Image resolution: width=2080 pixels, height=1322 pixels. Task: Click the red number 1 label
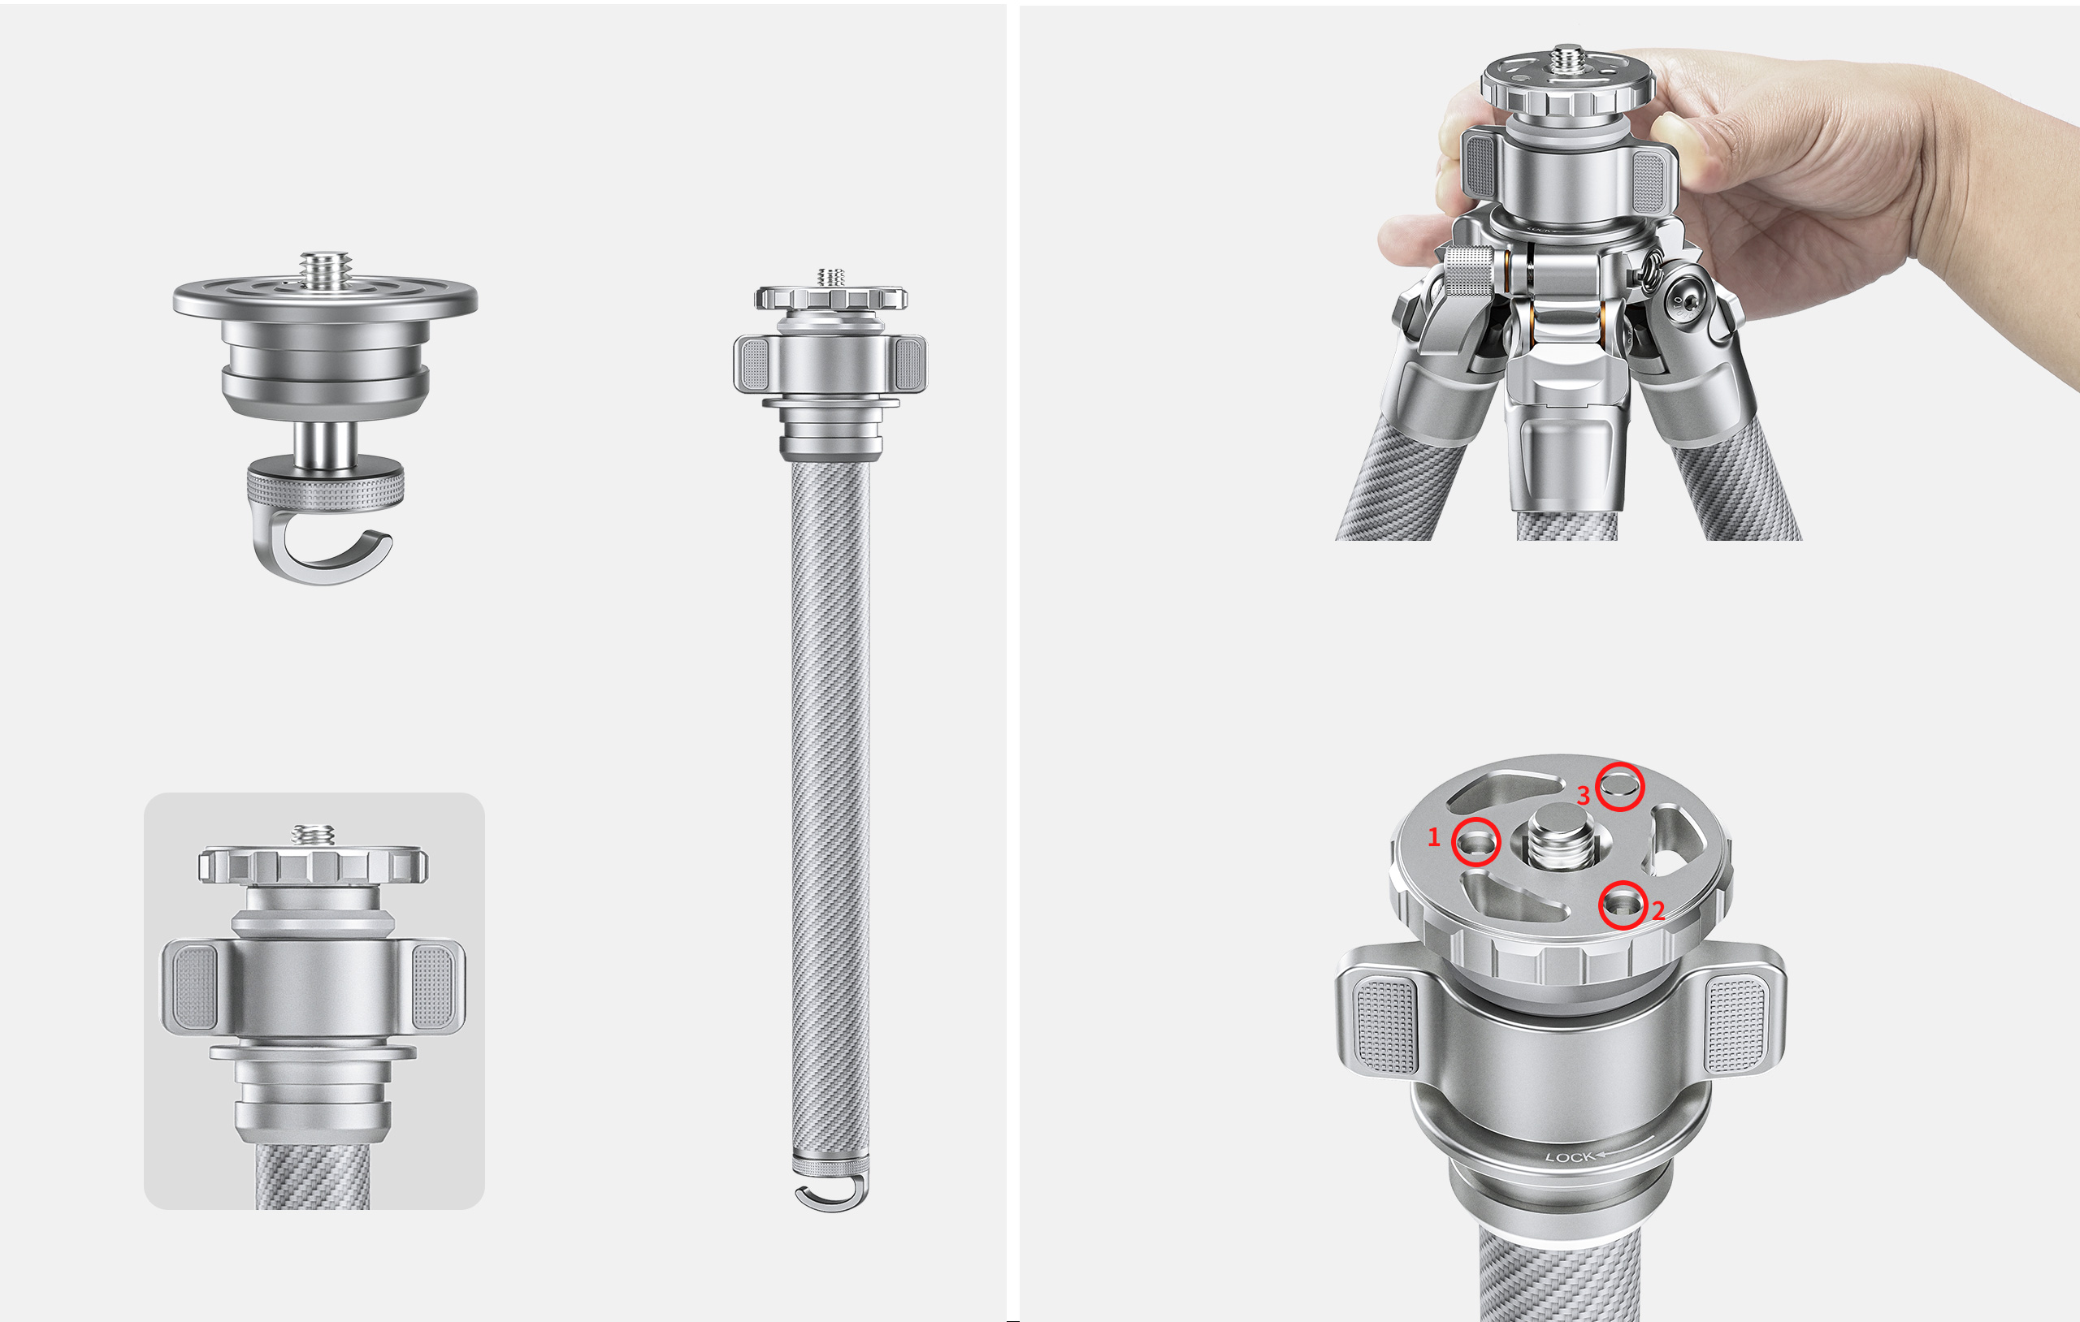1434,836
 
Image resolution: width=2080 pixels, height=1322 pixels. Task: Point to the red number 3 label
1584,795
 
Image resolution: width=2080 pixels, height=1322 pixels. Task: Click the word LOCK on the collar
1570,1157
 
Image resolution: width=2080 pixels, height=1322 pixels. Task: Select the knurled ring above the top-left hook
325,486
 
